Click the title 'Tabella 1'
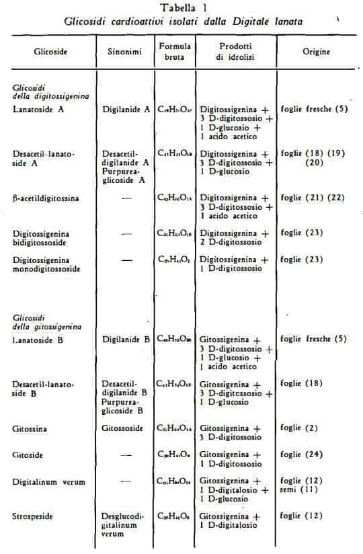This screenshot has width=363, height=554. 183,8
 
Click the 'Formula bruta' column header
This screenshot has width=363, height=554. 175,51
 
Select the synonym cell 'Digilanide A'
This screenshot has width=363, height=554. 126,108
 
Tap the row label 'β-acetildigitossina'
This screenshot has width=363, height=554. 45,198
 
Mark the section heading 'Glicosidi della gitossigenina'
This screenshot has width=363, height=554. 46,321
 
